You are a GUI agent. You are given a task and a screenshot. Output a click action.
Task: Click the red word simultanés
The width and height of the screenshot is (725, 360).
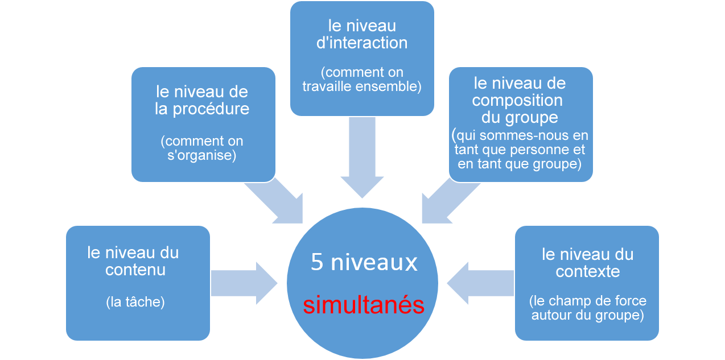pos(364,305)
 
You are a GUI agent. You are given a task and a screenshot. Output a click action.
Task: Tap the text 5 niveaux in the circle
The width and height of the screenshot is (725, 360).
pos(364,262)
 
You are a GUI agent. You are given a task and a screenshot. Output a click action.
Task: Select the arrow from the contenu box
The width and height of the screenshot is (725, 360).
pos(244,283)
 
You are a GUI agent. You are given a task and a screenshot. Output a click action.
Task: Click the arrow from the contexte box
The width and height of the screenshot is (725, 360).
pos(480,283)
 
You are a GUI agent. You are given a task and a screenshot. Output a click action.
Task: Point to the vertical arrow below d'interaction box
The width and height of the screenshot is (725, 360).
pos(362,157)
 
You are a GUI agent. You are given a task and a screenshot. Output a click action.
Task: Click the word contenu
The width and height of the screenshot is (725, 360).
pos(135,270)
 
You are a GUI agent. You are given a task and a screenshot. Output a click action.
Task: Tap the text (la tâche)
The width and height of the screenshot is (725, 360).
pos(135,302)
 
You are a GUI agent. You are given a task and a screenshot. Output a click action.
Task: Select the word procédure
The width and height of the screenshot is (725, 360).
pos(211,109)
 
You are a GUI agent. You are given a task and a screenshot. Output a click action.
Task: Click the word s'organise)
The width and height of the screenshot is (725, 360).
pos(201,155)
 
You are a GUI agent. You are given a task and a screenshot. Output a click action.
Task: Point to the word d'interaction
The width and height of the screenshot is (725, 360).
pos(362,43)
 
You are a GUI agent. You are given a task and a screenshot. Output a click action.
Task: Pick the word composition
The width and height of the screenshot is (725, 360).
pos(517,101)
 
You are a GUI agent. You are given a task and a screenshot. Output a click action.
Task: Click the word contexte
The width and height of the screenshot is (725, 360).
pos(587,271)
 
